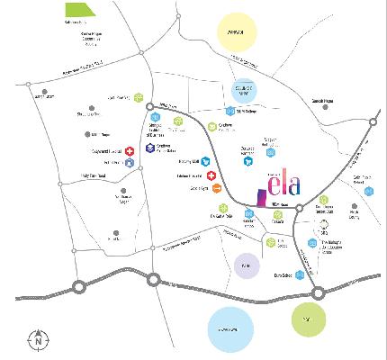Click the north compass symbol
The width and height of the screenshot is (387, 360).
coord(39,339)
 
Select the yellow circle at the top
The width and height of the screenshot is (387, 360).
coord(238,35)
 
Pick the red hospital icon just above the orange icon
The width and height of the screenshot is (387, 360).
coord(210,175)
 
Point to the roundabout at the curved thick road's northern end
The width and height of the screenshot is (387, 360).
coord(151,109)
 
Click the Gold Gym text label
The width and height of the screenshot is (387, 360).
coord(198,188)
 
